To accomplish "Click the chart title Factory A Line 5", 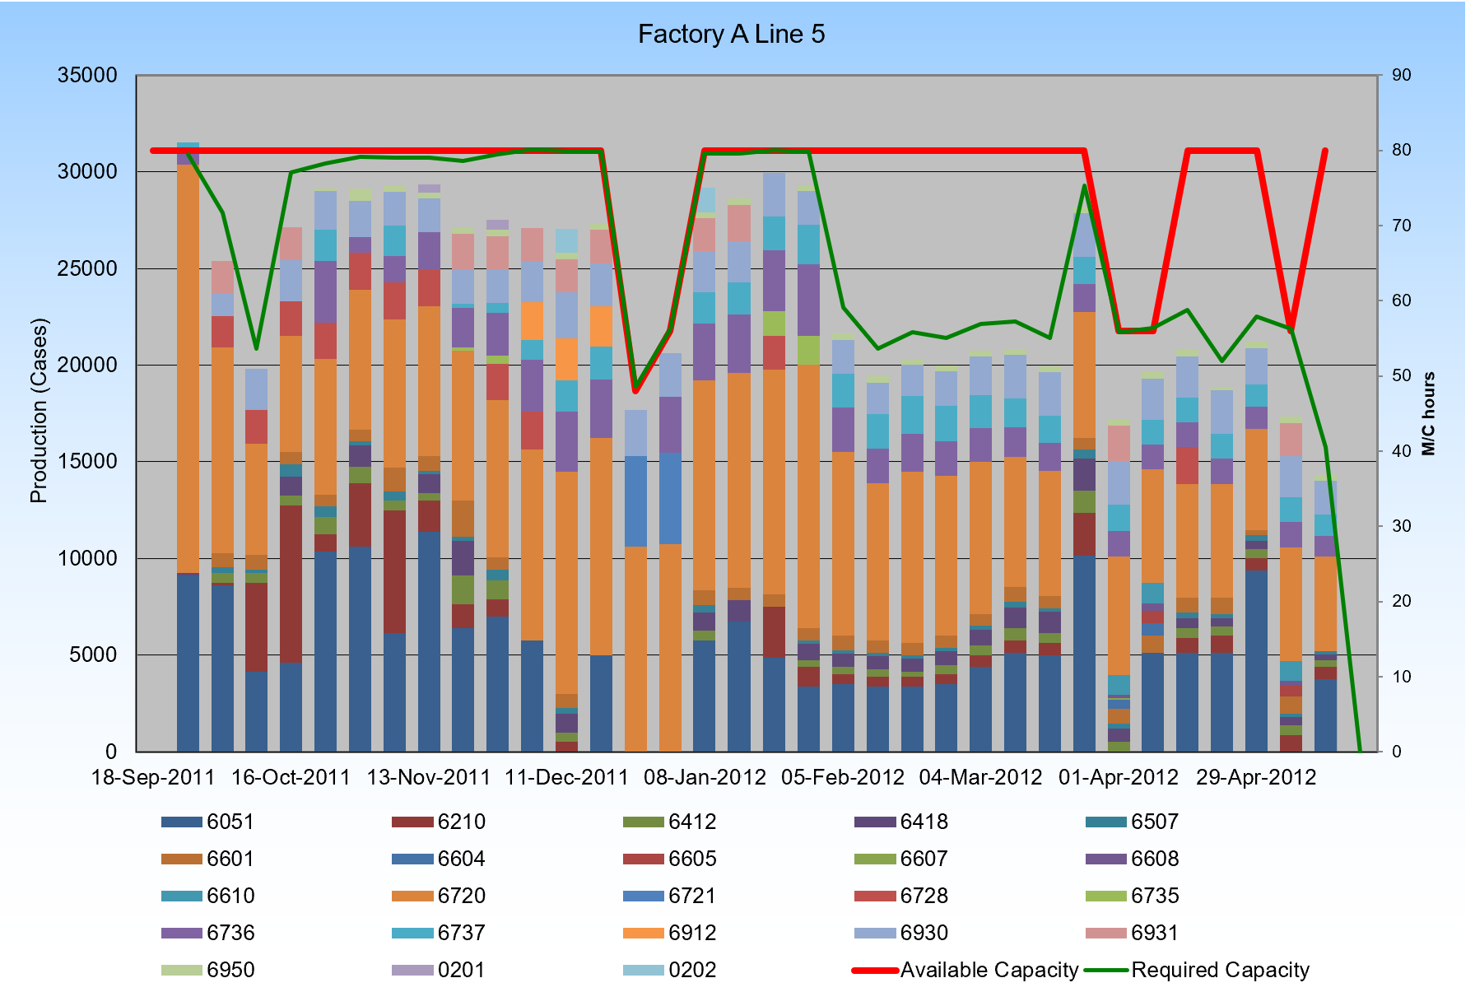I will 731,35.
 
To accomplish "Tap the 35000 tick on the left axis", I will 87,76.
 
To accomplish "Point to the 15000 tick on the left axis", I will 87,462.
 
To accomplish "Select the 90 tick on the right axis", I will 1401,76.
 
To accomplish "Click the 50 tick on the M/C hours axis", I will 1401,376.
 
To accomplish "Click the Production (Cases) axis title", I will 39,410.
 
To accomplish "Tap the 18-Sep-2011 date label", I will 153,778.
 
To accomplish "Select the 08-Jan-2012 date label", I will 705,778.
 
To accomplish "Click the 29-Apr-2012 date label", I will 1256,778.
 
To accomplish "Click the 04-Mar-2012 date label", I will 980,778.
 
